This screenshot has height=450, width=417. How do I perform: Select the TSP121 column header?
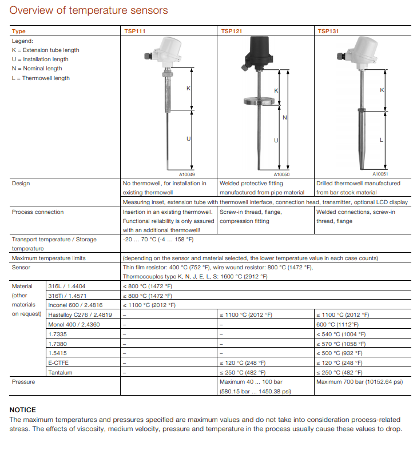point(231,31)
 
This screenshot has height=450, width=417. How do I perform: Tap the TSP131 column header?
point(328,31)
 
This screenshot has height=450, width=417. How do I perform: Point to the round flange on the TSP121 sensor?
point(256,102)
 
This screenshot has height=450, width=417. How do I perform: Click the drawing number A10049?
point(187,174)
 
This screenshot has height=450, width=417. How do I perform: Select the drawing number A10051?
point(380,174)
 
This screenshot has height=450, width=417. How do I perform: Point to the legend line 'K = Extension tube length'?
point(46,50)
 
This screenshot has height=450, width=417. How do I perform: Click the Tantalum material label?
point(61,372)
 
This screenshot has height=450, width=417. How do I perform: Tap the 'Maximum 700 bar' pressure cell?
point(359,382)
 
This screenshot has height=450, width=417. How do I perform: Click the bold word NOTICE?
point(23,410)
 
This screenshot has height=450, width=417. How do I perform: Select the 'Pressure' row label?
point(23,382)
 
